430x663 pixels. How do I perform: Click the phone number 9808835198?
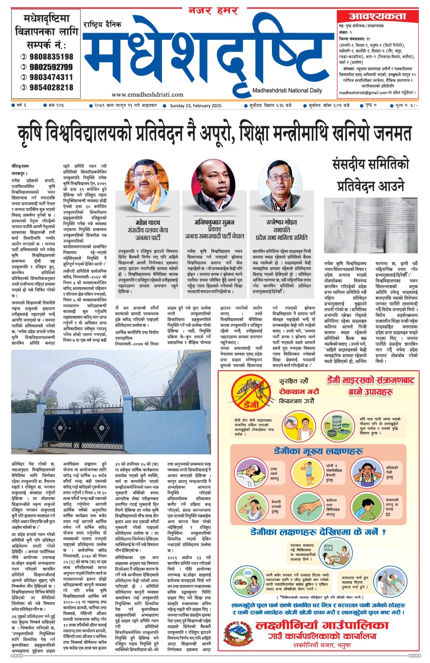[51, 57]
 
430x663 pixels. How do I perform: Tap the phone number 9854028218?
[51, 87]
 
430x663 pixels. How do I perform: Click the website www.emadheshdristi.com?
[147, 95]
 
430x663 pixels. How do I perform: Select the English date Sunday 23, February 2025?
[195, 106]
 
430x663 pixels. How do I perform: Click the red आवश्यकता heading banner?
[377, 16]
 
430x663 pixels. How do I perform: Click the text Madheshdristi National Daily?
[287, 90]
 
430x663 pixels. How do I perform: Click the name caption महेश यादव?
[148, 223]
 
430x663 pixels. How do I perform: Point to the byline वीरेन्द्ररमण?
[20, 166]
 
